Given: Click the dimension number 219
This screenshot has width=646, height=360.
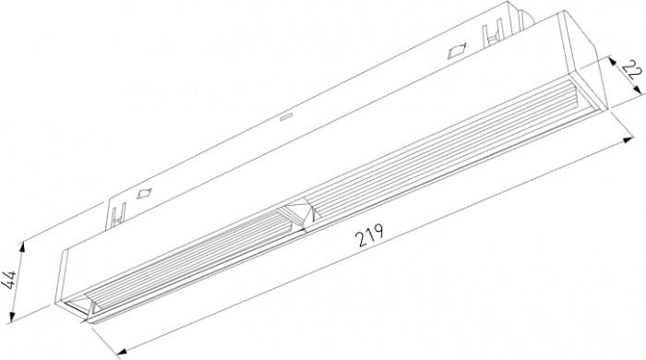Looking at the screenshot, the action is pyautogui.click(x=370, y=234).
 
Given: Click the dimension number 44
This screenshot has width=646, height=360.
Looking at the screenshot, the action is pyautogui.click(x=8, y=281).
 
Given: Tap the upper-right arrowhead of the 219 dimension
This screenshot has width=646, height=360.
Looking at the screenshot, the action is pyautogui.click(x=628, y=140).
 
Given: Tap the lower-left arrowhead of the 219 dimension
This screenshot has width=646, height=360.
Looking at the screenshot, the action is pyautogui.click(x=122, y=352).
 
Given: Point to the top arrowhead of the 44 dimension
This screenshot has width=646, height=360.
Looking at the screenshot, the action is pyautogui.click(x=23, y=246).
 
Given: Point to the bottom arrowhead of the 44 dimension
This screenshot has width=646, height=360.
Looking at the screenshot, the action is pyautogui.click(x=12, y=316).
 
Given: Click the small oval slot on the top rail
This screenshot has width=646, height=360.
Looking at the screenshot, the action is pyautogui.click(x=285, y=117).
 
